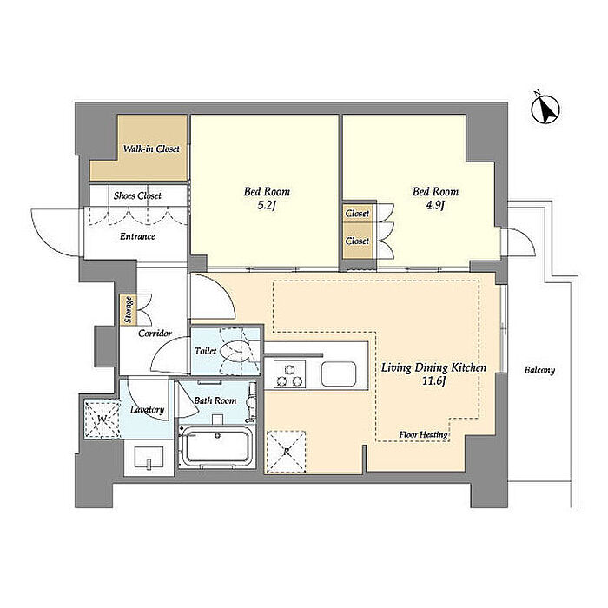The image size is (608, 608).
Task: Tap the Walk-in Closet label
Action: [x=151, y=149]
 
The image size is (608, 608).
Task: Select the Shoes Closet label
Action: [x=137, y=195]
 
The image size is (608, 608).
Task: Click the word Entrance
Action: [x=137, y=236]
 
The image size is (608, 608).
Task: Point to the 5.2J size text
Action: [x=267, y=206]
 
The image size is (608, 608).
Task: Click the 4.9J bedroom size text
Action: [x=435, y=206]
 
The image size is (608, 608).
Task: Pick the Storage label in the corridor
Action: [x=129, y=310]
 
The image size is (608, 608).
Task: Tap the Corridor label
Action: [x=155, y=333]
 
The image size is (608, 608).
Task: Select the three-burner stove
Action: [x=289, y=373]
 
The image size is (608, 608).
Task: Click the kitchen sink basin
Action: [x=338, y=373]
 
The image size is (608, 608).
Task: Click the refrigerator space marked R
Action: [x=286, y=453]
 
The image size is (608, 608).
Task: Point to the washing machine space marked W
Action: [x=102, y=420]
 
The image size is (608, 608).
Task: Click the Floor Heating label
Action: [x=423, y=434]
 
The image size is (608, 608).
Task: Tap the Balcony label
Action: [x=539, y=370]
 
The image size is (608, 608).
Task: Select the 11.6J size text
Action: [x=434, y=381]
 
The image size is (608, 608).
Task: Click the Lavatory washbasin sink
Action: [x=149, y=458]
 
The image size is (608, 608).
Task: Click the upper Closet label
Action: [x=357, y=214]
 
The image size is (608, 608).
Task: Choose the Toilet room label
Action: [x=206, y=351]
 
